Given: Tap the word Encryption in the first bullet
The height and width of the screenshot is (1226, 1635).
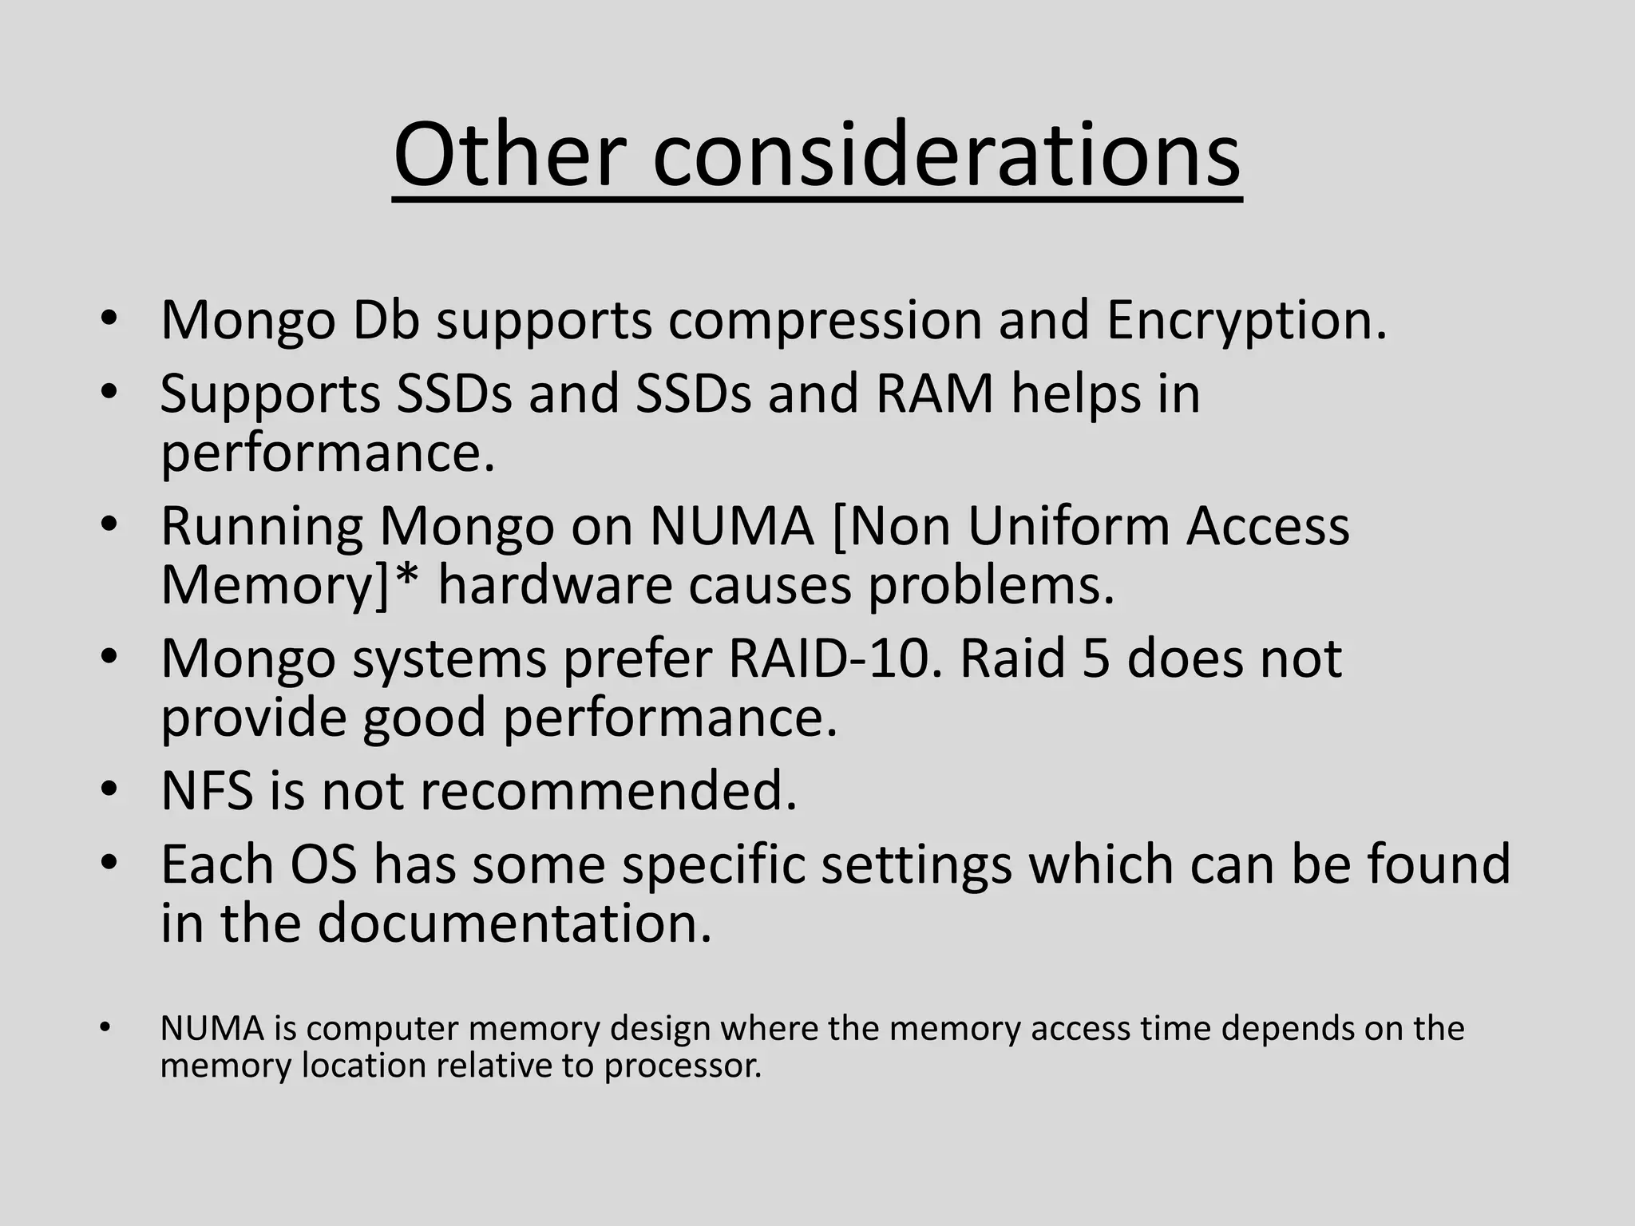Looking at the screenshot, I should [1246, 320].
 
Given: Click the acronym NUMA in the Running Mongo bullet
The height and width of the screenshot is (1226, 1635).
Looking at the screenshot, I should [731, 526].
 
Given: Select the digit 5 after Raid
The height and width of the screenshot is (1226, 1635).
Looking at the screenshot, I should [1095, 658].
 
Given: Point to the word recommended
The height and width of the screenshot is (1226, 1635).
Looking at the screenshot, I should [608, 790].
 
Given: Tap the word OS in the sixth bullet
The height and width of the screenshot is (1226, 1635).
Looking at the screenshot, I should [323, 864].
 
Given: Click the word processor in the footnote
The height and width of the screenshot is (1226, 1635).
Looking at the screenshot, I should [683, 1066].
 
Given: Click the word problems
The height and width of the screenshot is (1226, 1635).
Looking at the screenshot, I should [990, 585].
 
